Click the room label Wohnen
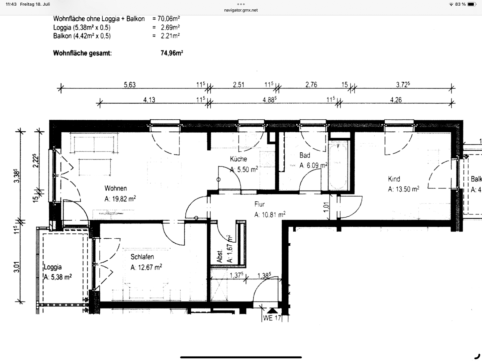click(115, 188)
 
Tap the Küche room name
click(238, 159)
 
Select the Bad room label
click(305, 155)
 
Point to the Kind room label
click(394, 179)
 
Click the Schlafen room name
click(142, 257)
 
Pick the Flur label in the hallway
click(260, 204)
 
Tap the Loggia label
click(53, 267)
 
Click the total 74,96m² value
click(172, 53)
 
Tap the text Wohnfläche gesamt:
click(82, 53)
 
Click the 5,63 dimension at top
click(130, 85)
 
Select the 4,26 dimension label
click(396, 100)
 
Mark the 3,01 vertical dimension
click(16, 267)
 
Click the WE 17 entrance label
click(272, 318)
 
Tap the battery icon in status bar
click(472, 4)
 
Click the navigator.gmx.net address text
click(241, 10)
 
